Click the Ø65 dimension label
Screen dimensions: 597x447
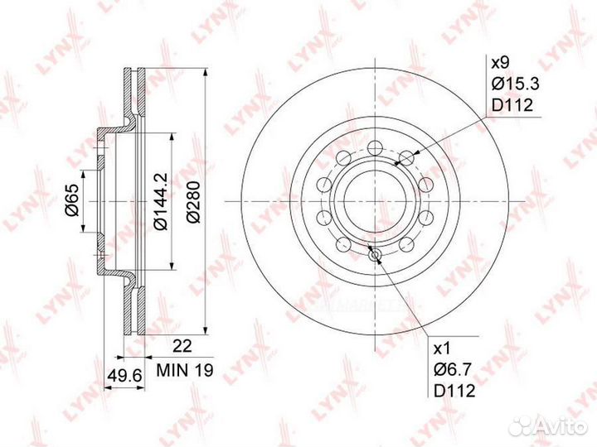tap(73, 200)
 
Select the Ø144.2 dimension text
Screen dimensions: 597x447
tap(160, 201)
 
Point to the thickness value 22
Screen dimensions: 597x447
tap(182, 346)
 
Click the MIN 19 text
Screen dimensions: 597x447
tap(185, 370)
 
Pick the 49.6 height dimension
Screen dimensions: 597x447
tap(124, 376)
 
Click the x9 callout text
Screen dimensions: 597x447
tap(500, 62)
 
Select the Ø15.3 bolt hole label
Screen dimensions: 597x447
tap(515, 84)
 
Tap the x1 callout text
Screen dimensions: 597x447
tap(443, 348)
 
